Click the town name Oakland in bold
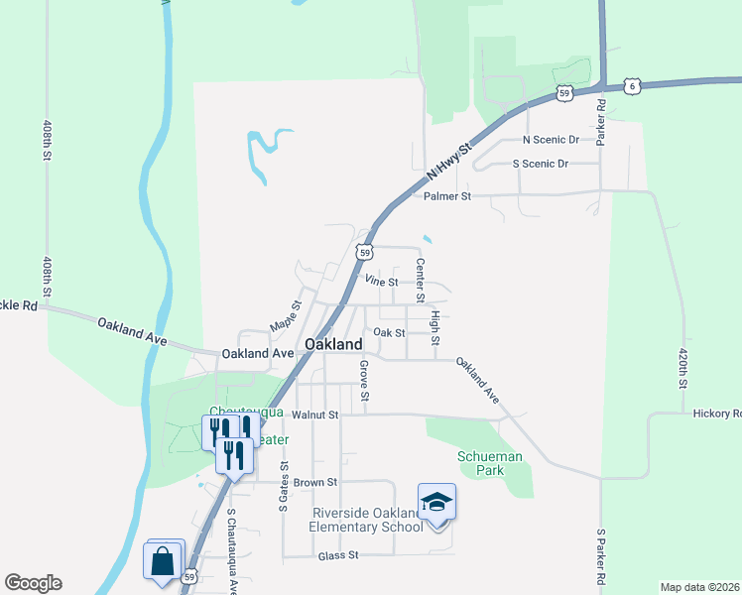[333, 343]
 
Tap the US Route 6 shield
[631, 86]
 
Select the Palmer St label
[446, 196]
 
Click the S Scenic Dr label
[541, 164]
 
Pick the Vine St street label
[381, 282]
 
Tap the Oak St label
[389, 333]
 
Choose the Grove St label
[364, 382]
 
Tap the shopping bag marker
[162, 561]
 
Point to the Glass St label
[337, 557]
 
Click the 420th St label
[682, 367]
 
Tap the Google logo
[33, 583]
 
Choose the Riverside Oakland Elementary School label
[368, 520]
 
